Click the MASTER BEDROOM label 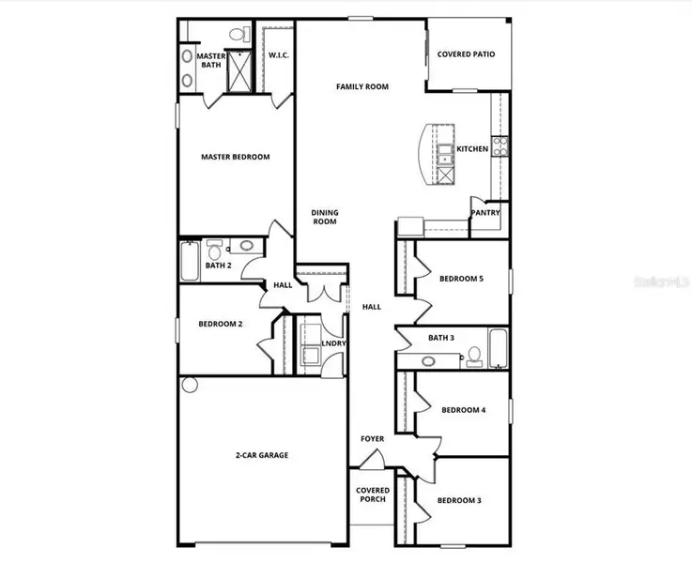[x=236, y=157]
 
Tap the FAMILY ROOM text [x=362, y=86]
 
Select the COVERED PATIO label [x=466, y=54]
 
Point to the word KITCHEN [x=472, y=149]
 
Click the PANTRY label [x=485, y=212]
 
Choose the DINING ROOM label [x=324, y=218]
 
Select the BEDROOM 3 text [x=460, y=500]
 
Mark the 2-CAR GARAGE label [x=261, y=455]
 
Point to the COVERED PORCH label [x=372, y=495]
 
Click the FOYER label [x=372, y=438]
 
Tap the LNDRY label [x=332, y=343]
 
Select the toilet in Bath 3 [x=474, y=354]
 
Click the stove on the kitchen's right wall [x=501, y=145]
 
